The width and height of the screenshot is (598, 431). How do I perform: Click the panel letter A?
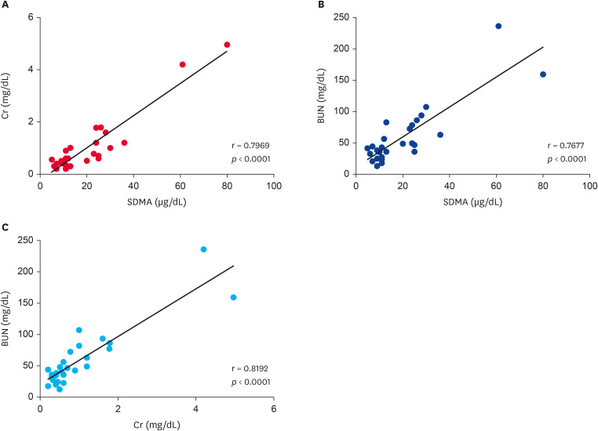[5, 5]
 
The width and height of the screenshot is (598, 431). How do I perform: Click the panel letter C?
[5, 228]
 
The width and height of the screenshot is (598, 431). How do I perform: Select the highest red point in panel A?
[227, 45]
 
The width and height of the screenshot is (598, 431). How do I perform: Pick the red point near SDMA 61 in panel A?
[183, 64]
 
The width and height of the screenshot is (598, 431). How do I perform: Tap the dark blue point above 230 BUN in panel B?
[498, 26]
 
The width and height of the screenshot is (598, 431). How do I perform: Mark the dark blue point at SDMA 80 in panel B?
[543, 74]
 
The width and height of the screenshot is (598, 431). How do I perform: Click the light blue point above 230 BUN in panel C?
[203, 249]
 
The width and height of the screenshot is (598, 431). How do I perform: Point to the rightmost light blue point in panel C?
[233, 297]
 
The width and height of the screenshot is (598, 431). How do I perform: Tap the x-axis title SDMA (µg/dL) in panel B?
[472, 201]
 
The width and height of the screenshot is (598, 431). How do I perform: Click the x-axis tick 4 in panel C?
[195, 409]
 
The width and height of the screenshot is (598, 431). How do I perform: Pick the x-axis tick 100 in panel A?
[273, 186]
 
